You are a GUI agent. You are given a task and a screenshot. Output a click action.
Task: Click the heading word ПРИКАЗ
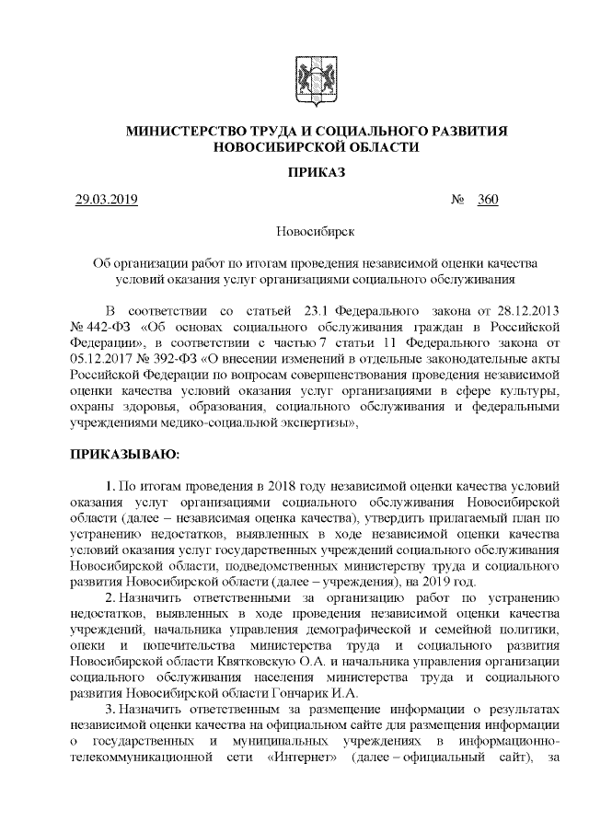tap(317, 171)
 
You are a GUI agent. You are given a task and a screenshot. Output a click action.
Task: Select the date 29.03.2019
tap(106, 200)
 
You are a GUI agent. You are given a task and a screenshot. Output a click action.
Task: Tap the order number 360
tap(488, 200)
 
